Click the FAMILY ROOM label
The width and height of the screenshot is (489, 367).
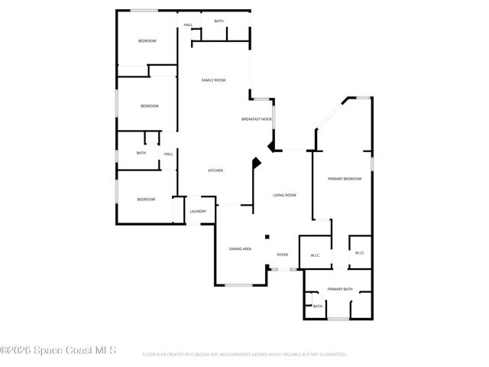click(213, 80)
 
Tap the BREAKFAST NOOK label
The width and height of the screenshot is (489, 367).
click(256, 119)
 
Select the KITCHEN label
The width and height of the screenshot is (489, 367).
click(215, 171)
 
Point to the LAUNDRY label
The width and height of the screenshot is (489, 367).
click(198, 211)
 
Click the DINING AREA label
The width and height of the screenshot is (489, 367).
click(241, 248)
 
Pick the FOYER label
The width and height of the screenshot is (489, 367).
click(282, 255)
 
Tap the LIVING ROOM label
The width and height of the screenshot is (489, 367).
click(284, 195)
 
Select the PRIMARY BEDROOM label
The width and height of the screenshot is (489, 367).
click(344, 178)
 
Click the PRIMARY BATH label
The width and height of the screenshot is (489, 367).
click(340, 288)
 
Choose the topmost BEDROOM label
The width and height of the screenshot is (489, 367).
click(147, 41)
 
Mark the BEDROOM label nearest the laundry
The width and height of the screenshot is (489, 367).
click(146, 200)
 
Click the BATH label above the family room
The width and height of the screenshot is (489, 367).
click(219, 21)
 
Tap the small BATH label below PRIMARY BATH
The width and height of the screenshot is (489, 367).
click(318, 307)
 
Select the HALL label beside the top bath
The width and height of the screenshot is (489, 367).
click(188, 25)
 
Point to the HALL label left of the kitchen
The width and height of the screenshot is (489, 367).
click(168, 154)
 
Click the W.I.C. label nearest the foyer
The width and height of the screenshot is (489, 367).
click(315, 255)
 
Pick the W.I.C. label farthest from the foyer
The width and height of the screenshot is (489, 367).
click(360, 253)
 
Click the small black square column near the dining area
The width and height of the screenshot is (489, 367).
click(267, 236)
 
